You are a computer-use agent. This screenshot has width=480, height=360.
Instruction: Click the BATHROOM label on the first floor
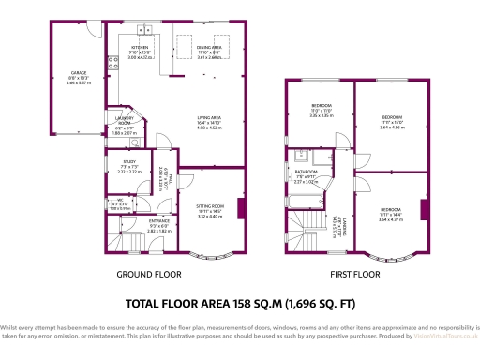(307, 172)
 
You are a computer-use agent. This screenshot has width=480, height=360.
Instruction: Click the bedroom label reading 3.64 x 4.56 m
(393, 121)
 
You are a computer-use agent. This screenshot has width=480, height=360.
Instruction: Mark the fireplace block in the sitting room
(243, 208)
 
